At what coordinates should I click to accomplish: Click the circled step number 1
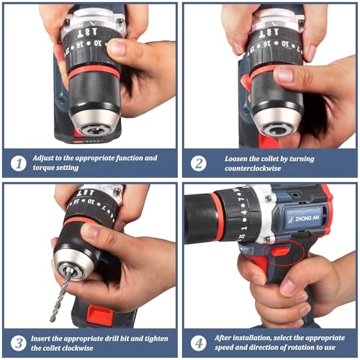pyautogui.click(x=19, y=163)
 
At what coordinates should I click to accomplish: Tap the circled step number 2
pyautogui.click(x=199, y=163)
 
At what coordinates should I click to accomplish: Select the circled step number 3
pyautogui.click(x=19, y=341)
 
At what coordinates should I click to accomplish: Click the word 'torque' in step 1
pyautogui.click(x=51, y=168)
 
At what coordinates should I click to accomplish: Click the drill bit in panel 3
pyautogui.click(x=60, y=295)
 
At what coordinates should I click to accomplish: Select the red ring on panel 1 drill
pyautogui.click(x=94, y=70)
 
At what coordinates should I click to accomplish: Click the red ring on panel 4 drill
pyautogui.click(x=217, y=216)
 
